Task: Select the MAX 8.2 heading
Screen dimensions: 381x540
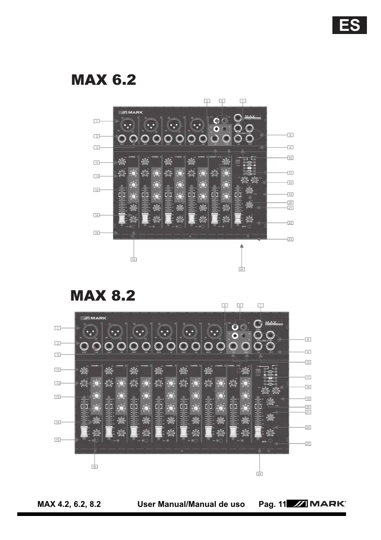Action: coord(103,295)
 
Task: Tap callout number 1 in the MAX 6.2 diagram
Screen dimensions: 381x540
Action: coord(96,121)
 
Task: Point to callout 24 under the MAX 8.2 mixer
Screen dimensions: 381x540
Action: coord(259,474)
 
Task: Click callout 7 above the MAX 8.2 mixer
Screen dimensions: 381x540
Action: coord(261,305)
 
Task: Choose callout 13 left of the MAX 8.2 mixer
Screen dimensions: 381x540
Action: coord(58,397)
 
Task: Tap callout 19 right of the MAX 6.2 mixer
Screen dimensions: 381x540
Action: coord(290,194)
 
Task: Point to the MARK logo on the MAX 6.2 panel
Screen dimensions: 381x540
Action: coord(131,112)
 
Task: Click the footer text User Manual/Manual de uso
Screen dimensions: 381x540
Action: coord(191,504)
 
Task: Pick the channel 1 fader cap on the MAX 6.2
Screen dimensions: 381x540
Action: coord(122,219)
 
